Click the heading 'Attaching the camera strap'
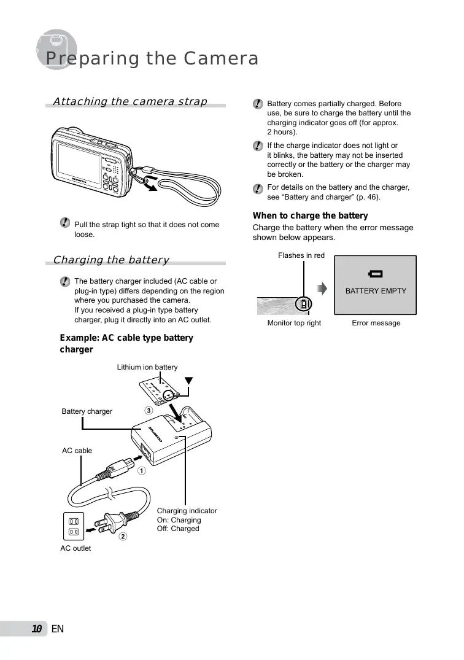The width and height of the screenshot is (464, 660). [130, 101]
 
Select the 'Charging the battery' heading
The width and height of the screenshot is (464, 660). [111, 260]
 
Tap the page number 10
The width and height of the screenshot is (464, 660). [37, 629]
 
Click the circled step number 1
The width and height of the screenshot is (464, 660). [142, 472]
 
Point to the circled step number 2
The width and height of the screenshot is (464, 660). [123, 537]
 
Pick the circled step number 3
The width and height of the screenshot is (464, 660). [148, 410]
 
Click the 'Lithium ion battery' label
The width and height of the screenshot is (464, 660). [147, 367]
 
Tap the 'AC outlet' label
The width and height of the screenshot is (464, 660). [75, 548]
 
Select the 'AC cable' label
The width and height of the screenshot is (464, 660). [77, 451]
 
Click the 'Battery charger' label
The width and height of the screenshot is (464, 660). [87, 411]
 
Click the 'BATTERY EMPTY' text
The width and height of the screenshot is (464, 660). [376, 291]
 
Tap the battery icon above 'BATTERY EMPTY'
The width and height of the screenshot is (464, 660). [375, 274]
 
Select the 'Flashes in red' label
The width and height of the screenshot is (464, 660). [301, 255]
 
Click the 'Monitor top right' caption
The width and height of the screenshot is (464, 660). [294, 323]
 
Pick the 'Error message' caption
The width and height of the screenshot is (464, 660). [376, 323]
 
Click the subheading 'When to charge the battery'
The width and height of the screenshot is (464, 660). [311, 215]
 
